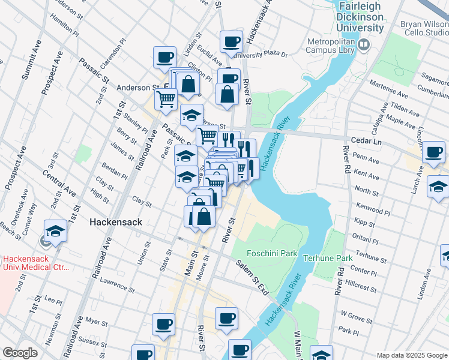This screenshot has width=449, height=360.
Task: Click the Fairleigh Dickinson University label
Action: (x=360, y=17)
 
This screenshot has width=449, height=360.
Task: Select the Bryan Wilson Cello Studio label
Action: (x=424, y=29)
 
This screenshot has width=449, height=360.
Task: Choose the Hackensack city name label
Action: (x=115, y=222)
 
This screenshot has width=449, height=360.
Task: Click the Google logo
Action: (x=20, y=353)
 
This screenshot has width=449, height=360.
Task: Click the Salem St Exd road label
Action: (x=252, y=277)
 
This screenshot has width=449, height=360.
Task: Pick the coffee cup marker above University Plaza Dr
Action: (x=231, y=41)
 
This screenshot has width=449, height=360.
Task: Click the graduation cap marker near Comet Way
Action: (x=55, y=231)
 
